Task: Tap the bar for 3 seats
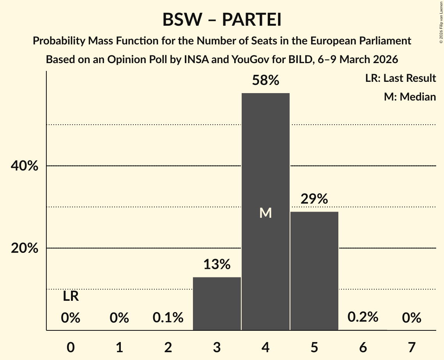tap(217, 304)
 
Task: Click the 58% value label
tap(265, 81)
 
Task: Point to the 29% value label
tap(314, 199)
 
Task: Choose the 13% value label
tap(217, 265)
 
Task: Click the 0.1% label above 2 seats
tap(168, 318)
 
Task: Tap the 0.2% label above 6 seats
tap(363, 317)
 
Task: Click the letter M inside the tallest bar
tap(265, 213)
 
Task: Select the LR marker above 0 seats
tap(71, 297)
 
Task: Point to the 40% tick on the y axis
tap(24, 166)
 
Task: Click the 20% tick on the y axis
tap(24, 248)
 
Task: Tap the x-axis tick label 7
tap(412, 347)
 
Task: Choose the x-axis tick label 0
tap(71, 347)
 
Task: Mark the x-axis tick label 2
tap(168, 347)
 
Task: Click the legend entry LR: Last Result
tap(400, 78)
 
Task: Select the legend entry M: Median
tap(410, 97)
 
